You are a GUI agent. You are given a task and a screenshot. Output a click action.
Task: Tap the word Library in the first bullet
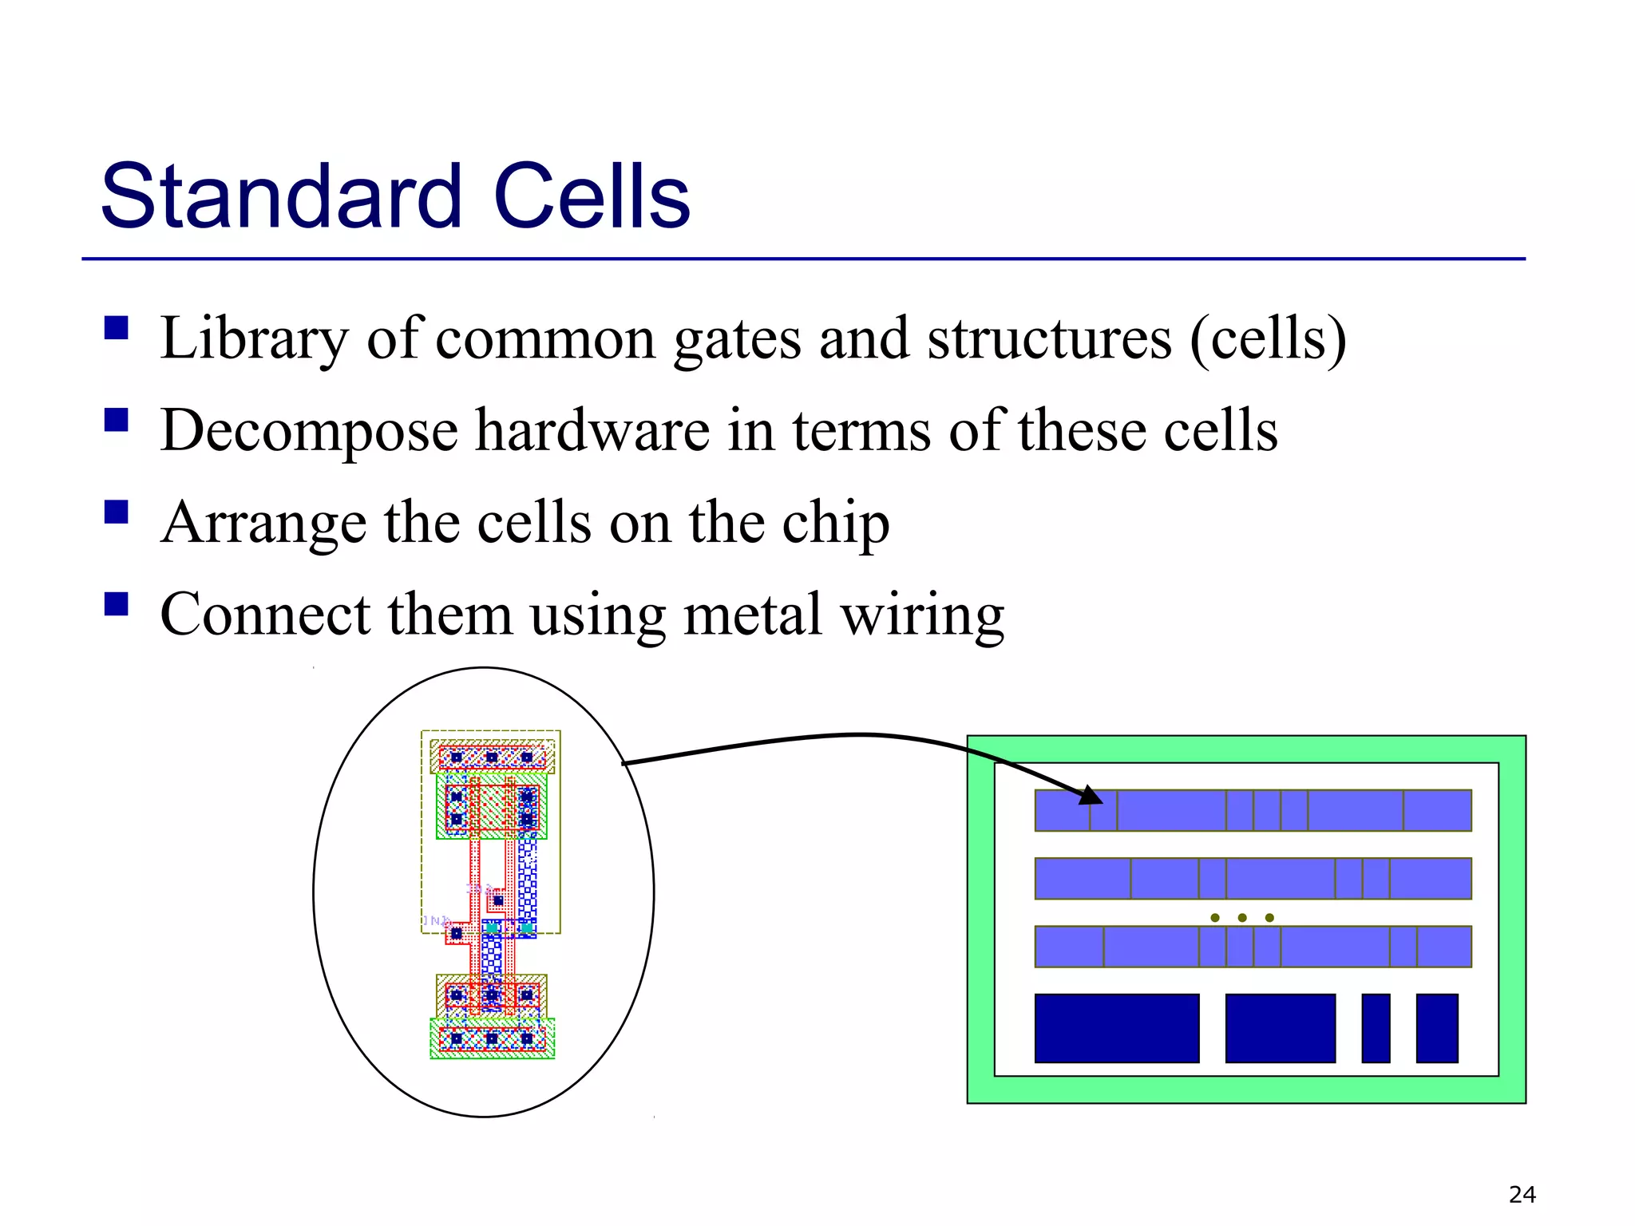click(254, 339)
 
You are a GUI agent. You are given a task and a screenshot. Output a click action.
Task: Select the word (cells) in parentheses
click(1268, 339)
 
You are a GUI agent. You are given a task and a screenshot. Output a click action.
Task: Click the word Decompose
click(309, 431)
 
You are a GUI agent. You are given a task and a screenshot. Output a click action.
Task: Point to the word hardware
click(592, 431)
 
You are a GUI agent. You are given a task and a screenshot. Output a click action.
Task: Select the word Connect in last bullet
click(265, 615)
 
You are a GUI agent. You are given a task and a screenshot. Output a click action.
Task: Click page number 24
click(1522, 1195)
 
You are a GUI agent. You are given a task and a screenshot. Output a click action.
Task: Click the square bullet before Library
click(117, 328)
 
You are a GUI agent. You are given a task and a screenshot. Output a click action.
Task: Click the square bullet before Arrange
click(117, 512)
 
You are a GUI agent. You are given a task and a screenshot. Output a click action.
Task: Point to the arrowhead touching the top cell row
click(1092, 796)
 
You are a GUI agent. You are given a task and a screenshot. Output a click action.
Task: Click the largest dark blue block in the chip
click(1116, 1028)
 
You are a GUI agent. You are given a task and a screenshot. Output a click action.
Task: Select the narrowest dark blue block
click(1376, 1028)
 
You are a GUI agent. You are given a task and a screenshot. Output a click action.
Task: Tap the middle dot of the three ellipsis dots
click(1242, 918)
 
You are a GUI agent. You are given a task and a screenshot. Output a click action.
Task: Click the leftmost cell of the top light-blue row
click(1062, 810)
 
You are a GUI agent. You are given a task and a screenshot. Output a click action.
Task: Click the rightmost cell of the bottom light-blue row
click(1443, 947)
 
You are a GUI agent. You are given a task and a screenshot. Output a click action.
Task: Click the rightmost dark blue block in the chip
click(1437, 1028)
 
